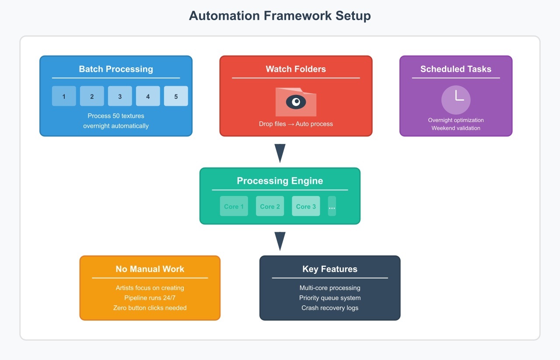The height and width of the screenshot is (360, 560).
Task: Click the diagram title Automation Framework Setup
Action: pos(280,16)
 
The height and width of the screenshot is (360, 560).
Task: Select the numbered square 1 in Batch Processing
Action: pos(64,96)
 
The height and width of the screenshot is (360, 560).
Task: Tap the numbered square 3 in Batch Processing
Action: pos(120,96)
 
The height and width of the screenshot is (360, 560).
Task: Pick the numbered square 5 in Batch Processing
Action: pos(176,96)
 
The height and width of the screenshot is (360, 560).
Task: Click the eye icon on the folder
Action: pos(296,102)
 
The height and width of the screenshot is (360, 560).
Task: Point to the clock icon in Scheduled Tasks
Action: pos(456,100)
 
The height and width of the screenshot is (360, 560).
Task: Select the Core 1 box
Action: pos(234,206)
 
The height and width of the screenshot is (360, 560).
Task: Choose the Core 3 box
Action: pos(306,206)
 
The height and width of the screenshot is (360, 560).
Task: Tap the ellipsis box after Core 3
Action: pos(332,206)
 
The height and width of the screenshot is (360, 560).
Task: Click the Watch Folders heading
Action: pos(296,69)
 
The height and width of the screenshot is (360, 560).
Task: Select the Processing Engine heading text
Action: pos(280,181)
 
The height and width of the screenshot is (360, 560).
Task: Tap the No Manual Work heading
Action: pos(150,269)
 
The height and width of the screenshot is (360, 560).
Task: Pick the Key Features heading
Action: pos(330,269)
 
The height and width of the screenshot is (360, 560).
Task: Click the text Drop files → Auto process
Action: pos(296,124)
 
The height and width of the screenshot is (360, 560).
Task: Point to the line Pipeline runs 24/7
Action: pos(150,298)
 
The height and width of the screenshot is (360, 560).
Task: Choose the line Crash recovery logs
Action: pos(330,308)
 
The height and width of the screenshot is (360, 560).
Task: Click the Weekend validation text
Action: pos(456,128)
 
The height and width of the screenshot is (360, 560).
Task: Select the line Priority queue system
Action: pos(330,298)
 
